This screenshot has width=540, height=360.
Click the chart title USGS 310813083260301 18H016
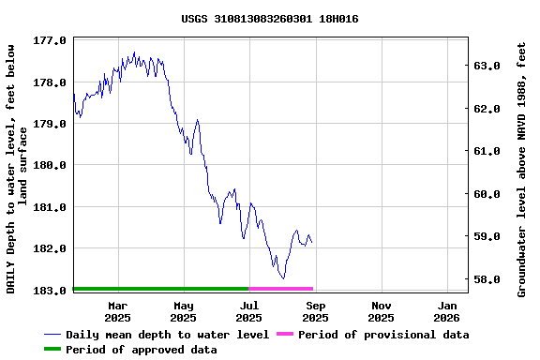pyautogui.click(x=269, y=19)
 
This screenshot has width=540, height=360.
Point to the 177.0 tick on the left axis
pyautogui.click(x=50, y=41)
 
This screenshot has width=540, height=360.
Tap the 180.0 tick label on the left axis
pyautogui.click(x=50, y=165)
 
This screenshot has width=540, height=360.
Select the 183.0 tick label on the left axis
pyautogui.click(x=50, y=290)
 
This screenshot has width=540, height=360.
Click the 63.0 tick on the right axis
pyautogui.click(x=488, y=66)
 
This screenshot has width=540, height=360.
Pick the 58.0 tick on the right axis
pyautogui.click(x=488, y=279)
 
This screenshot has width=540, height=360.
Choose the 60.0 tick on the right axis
pyautogui.click(x=488, y=194)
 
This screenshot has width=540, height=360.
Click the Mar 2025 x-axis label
pyautogui.click(x=118, y=311)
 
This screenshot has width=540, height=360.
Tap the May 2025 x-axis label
pyautogui.click(x=184, y=311)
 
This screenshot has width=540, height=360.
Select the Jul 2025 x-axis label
pyautogui.click(x=249, y=311)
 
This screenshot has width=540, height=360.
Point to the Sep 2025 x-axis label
pyautogui.click(x=316, y=311)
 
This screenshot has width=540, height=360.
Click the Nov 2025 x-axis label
pyautogui.click(x=382, y=311)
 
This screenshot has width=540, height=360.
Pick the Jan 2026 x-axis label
pyautogui.click(x=448, y=311)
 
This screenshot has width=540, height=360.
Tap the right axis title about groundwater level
pyautogui.click(x=522, y=169)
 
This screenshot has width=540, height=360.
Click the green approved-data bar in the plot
pyautogui.click(x=160, y=289)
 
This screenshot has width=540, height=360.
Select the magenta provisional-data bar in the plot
pyautogui.click(x=281, y=289)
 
